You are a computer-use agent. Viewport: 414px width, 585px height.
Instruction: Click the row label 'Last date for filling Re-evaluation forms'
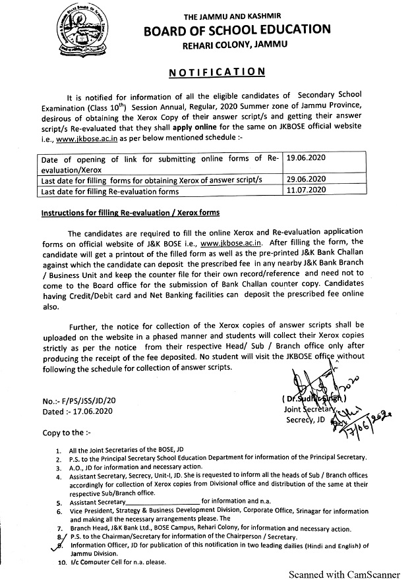pos(109,192)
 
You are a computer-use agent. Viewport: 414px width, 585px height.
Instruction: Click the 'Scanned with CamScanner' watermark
pos(347,574)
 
